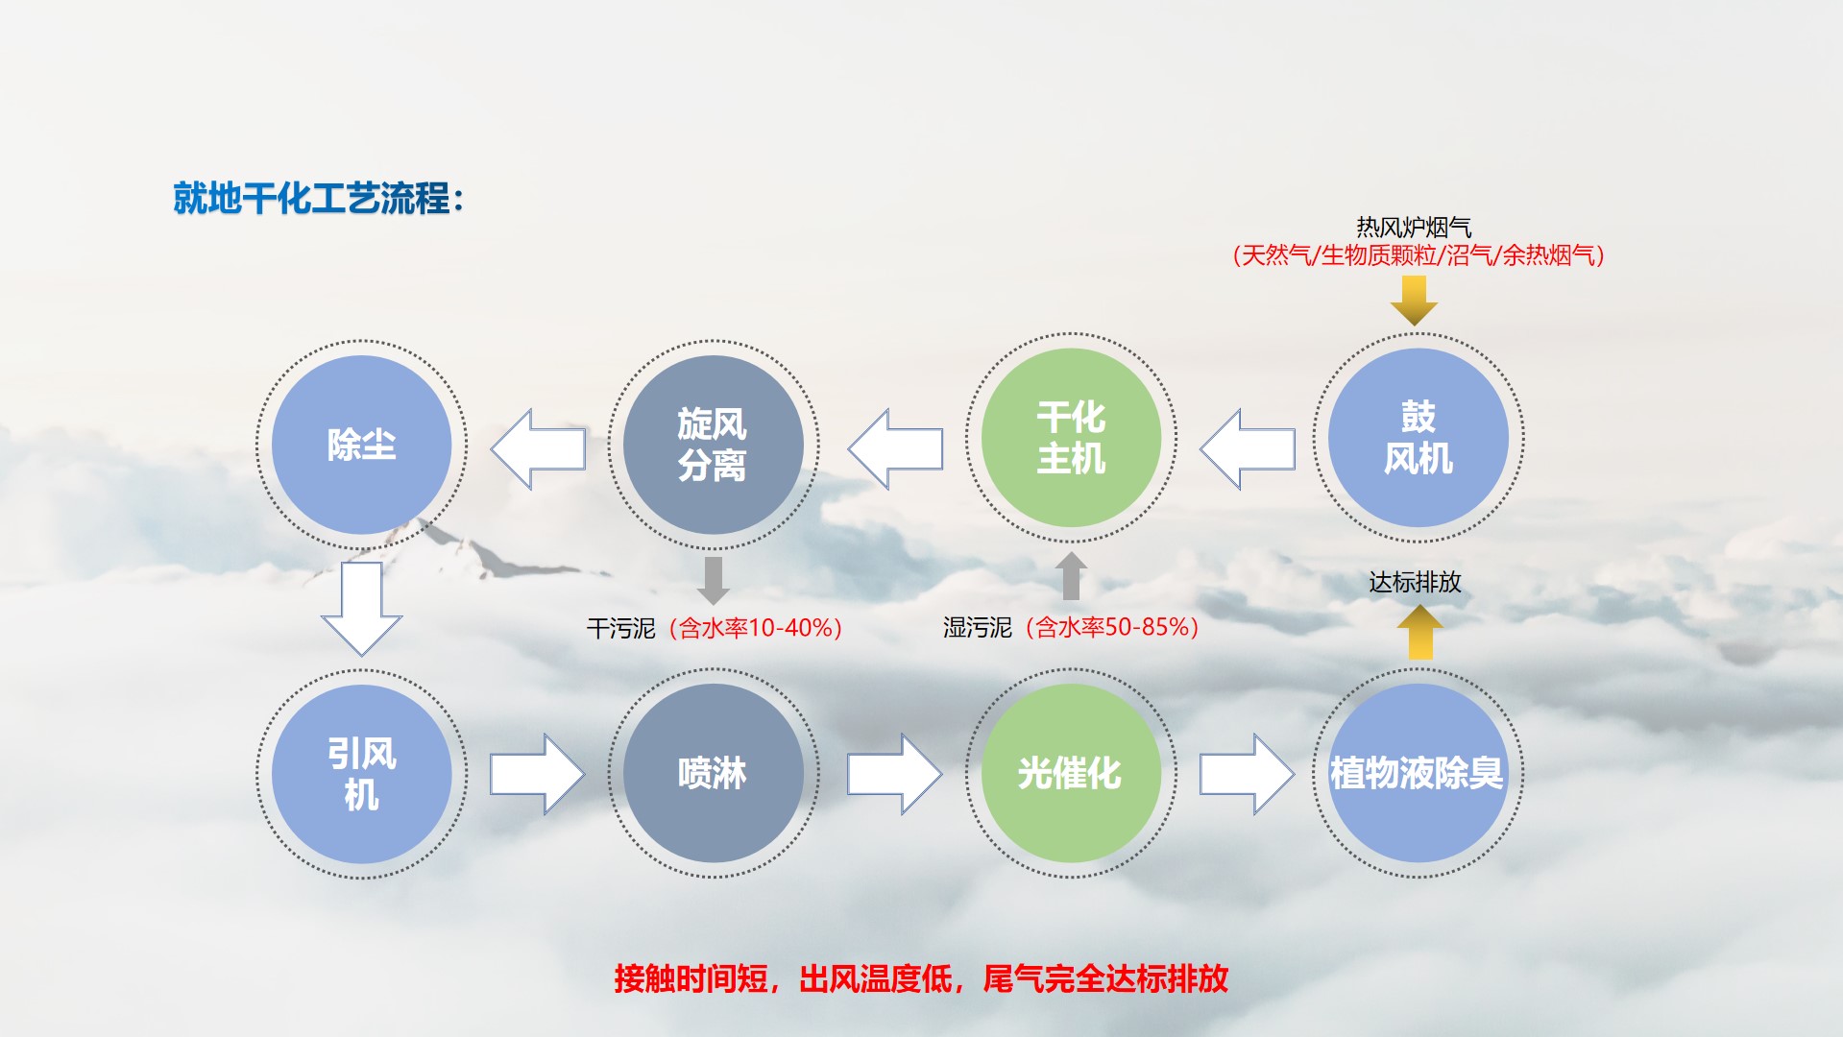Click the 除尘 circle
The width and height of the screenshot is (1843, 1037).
tap(361, 445)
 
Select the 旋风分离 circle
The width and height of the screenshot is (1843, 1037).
tap(713, 445)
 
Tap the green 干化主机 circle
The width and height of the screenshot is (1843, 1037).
tap(1071, 438)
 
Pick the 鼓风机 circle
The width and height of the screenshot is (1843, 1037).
tap(1419, 438)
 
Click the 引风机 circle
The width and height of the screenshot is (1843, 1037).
tap(361, 774)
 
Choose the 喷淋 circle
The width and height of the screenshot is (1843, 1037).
tap(713, 774)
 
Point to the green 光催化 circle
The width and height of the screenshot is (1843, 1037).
tap(1071, 774)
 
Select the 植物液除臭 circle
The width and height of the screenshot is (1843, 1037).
tap(1419, 774)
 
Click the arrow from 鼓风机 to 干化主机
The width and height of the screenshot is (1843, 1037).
tap(1248, 449)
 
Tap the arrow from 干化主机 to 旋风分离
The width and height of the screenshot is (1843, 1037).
tap(895, 449)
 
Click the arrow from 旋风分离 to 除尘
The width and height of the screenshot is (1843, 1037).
tap(538, 449)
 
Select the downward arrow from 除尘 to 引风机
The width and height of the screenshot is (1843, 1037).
tap(361, 609)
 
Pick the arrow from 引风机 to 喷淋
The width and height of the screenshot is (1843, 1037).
tap(538, 774)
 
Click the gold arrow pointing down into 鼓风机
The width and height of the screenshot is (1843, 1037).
tap(1414, 301)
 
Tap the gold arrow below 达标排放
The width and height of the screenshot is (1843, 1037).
tap(1419, 632)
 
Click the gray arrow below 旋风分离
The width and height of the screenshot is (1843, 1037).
tap(713, 580)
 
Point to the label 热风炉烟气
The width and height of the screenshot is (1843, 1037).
tap(1414, 227)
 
